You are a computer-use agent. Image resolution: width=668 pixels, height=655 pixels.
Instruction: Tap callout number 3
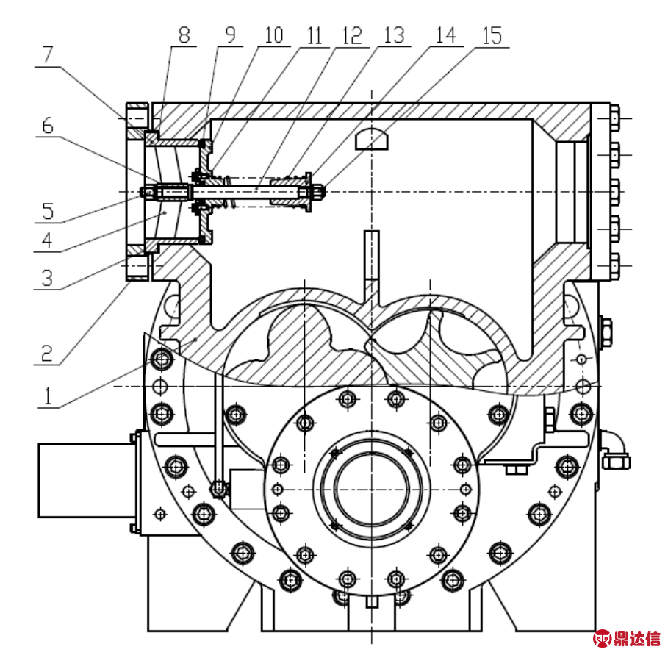pos(48,279)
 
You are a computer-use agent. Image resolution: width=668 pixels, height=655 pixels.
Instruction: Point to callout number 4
pos(48,240)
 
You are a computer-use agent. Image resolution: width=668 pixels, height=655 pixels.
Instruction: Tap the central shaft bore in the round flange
pos(372,489)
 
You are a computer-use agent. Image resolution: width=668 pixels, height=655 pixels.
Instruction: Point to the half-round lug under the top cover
pos(372,139)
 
